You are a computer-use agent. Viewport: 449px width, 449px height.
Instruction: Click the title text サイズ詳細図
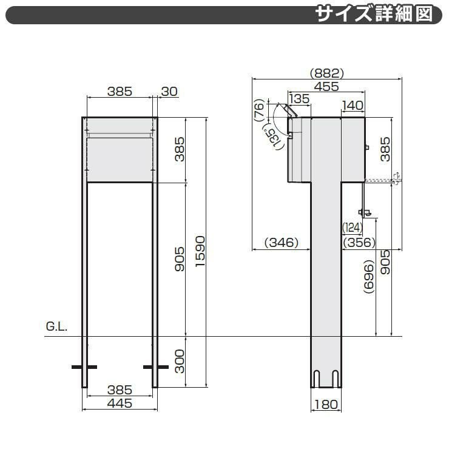[374, 14]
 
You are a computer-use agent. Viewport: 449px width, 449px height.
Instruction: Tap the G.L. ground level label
[56, 326]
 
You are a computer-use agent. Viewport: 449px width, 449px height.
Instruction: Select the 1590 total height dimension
[200, 251]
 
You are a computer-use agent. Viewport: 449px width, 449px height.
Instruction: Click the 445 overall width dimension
[120, 403]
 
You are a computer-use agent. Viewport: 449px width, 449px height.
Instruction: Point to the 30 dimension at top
[169, 92]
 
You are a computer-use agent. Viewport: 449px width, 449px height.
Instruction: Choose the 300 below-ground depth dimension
[180, 361]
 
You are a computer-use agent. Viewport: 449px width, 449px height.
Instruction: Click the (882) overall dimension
[326, 73]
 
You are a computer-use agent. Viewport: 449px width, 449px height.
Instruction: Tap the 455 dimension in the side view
[326, 86]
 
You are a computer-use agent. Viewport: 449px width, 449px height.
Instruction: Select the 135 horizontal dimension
[300, 99]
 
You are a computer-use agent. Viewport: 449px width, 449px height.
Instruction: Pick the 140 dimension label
[353, 106]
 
